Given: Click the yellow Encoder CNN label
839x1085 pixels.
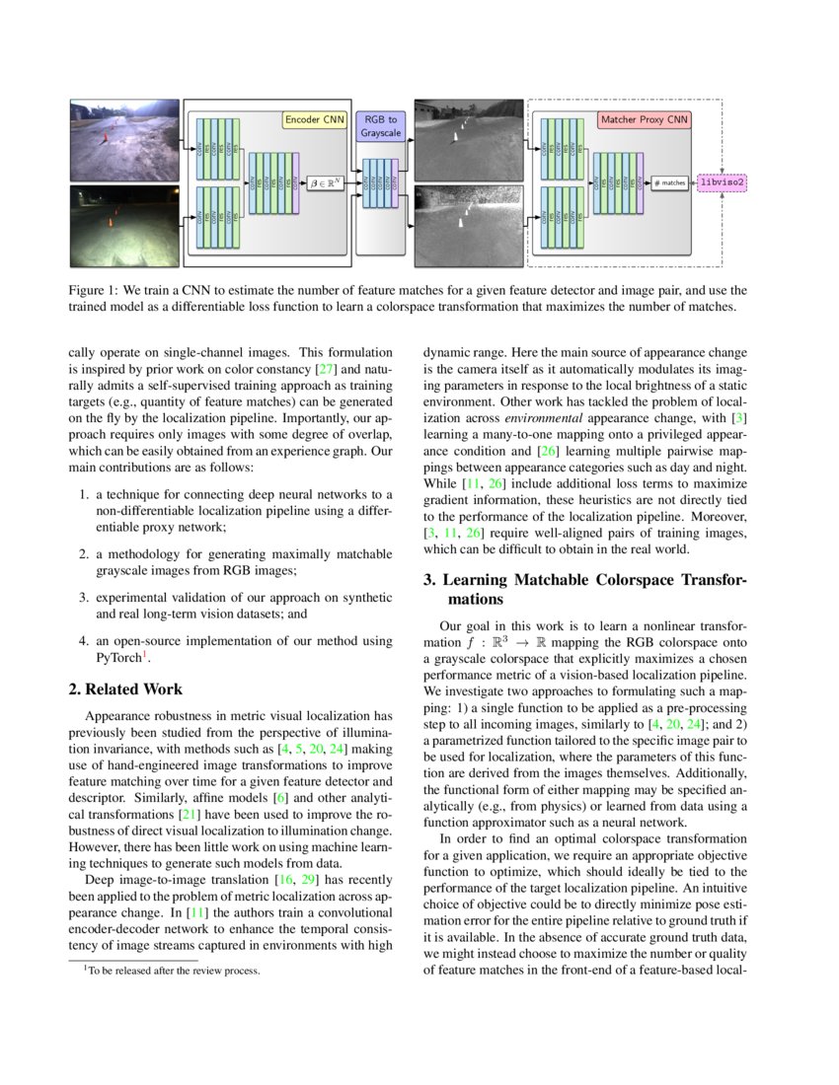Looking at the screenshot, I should (x=314, y=119).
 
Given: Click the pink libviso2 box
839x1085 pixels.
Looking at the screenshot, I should (x=723, y=182).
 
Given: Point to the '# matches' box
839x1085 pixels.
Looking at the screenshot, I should (x=669, y=182).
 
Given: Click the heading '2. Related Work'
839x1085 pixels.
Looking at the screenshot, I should (x=125, y=688).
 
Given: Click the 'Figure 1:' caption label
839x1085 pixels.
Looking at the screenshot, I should (x=95, y=291).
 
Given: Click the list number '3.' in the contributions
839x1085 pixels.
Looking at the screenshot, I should (x=86, y=597).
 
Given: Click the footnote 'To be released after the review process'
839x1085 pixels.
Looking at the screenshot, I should (x=174, y=971).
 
